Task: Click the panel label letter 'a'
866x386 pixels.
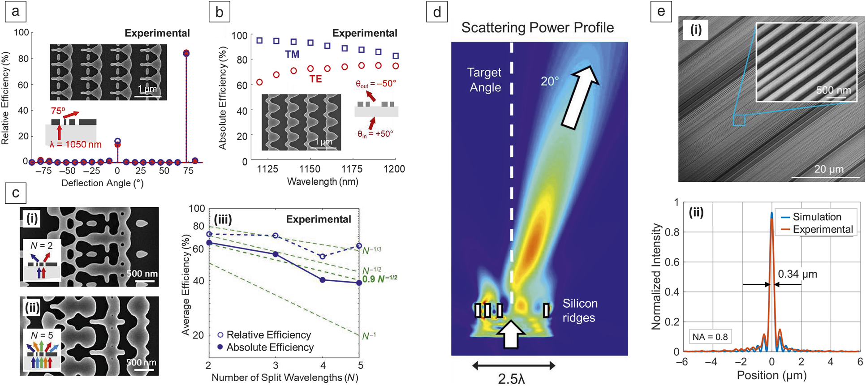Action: [x=15, y=12]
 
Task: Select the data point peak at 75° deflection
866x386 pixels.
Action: [x=186, y=53]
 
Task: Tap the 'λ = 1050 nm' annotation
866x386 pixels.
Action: [x=76, y=144]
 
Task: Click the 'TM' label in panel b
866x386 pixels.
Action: [x=292, y=54]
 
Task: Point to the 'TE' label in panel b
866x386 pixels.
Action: [x=315, y=79]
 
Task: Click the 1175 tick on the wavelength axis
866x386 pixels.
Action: [x=352, y=169]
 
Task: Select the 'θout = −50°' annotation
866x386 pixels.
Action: [x=376, y=84]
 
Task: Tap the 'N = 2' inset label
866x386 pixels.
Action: [x=41, y=245]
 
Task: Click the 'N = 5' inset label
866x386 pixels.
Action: [x=42, y=335]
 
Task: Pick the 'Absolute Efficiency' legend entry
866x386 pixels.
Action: [x=270, y=347]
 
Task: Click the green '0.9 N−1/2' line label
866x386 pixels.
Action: [x=379, y=279]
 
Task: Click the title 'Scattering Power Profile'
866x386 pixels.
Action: [x=538, y=28]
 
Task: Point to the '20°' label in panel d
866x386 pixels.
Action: [x=550, y=81]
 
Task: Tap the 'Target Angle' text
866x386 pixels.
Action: [x=484, y=80]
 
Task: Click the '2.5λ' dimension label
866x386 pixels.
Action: [x=511, y=379]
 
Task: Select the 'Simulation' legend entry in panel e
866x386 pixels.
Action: [x=817, y=217]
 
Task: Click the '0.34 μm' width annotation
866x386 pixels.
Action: [x=797, y=274]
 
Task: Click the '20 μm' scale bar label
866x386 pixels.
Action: [x=829, y=169]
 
